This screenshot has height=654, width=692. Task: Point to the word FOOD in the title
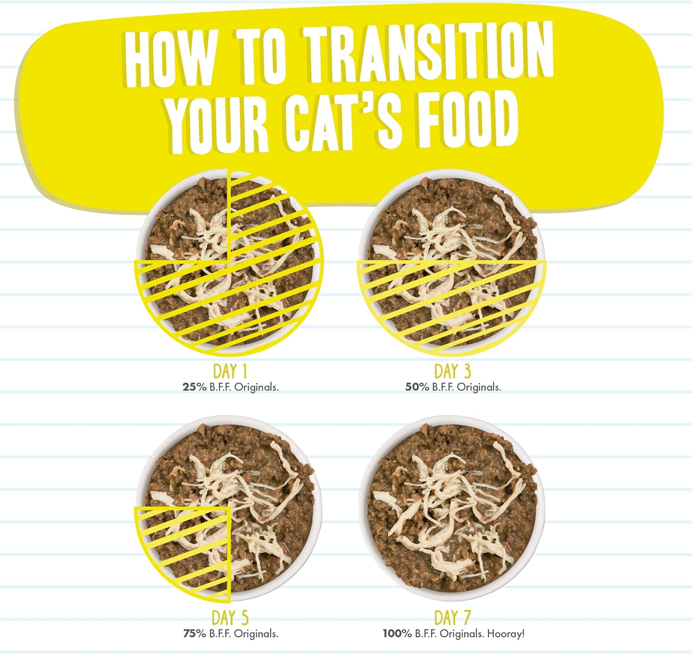point(467,118)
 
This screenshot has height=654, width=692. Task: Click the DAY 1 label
point(230,371)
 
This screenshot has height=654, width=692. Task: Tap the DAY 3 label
point(452,371)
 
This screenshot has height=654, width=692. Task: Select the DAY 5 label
point(230,618)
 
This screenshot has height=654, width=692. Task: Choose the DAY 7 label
point(452,618)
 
